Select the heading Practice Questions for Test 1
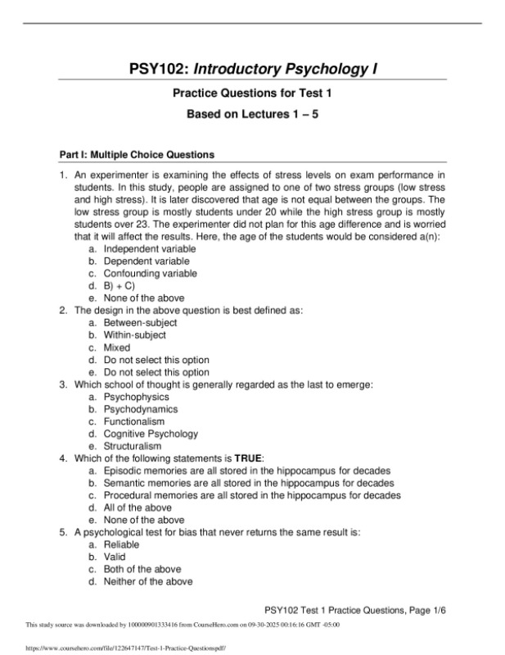(251, 94)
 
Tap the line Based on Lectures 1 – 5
(251, 116)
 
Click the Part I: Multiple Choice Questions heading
(120, 154)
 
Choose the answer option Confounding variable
(149, 274)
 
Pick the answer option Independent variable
(150, 249)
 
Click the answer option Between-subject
(139, 323)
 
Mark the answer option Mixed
(116, 348)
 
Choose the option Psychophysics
(136, 397)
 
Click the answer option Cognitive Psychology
(150, 434)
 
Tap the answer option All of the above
(137, 507)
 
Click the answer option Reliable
(121, 544)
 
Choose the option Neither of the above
(147, 581)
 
